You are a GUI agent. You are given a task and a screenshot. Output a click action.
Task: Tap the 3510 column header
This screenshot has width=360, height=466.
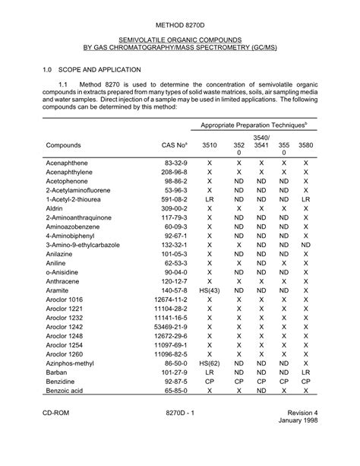pos(209,144)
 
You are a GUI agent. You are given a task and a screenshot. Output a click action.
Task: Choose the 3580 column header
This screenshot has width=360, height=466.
pos(305,144)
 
